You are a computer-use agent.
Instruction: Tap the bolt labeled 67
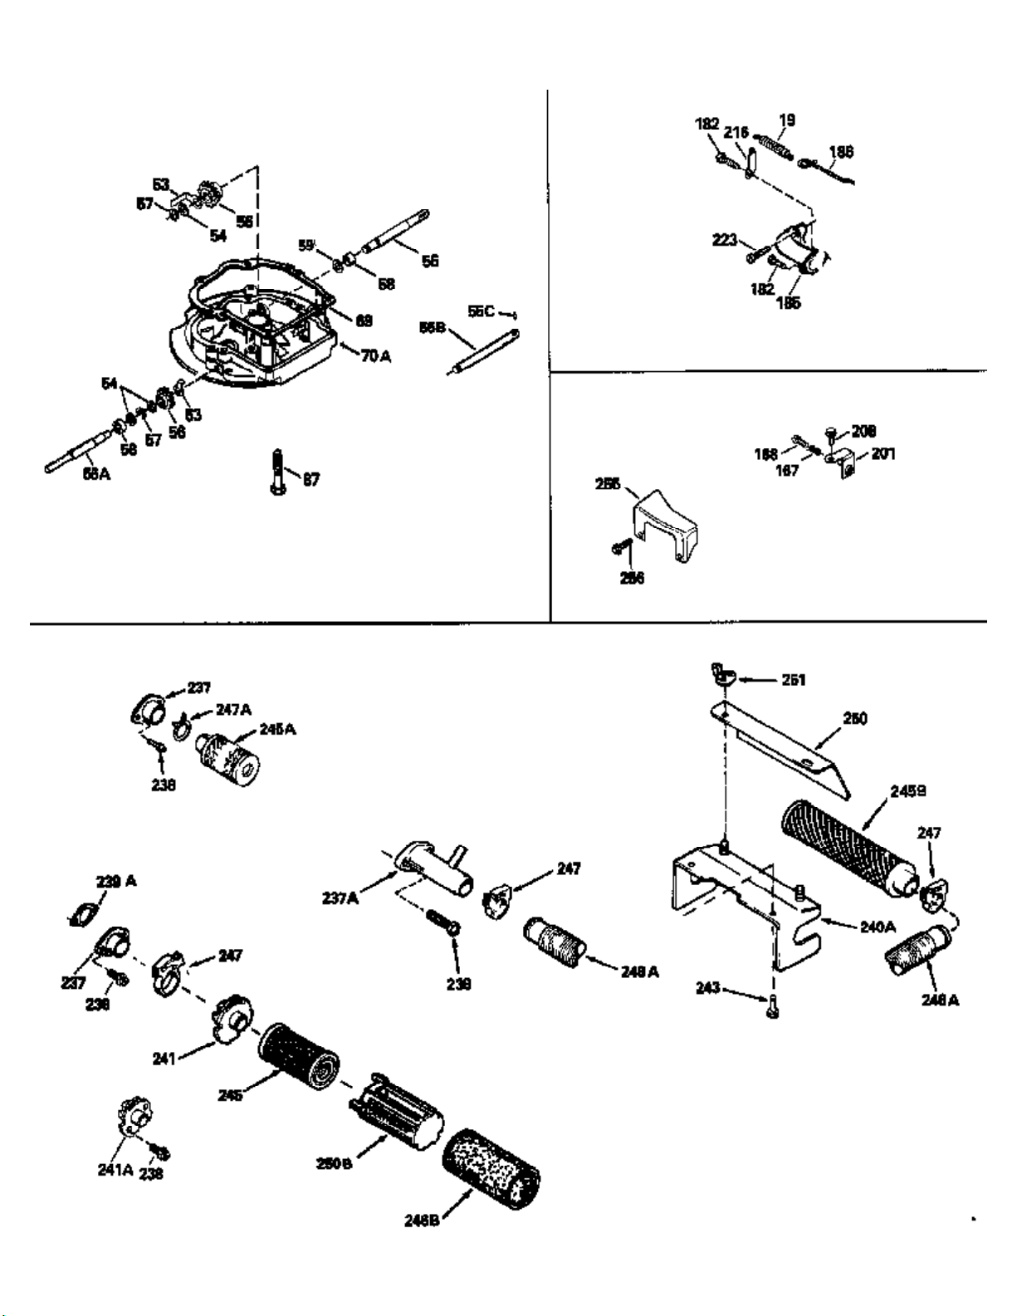coord(277,472)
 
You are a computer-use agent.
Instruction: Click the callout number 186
coord(840,152)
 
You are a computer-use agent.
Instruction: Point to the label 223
coord(725,240)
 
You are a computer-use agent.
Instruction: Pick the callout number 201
coord(883,454)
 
